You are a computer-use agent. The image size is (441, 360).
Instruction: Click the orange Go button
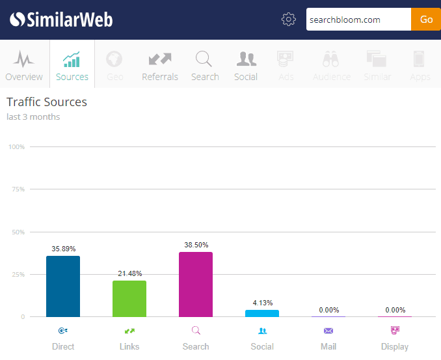coord(426,20)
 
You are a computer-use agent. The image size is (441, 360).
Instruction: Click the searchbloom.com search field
coord(358,20)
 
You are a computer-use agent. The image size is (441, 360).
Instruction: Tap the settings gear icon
coord(289,20)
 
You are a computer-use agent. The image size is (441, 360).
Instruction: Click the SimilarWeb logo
coord(62,20)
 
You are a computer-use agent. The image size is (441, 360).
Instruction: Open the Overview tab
coord(24,65)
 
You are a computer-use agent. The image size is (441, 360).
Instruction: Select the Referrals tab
coord(160,65)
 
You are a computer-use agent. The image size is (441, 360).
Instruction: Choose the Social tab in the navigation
coord(246,65)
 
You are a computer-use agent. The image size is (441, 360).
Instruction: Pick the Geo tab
coord(115,65)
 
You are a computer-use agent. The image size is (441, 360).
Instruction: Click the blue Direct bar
coord(63,286)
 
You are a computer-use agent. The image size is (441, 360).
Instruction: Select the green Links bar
coord(129,299)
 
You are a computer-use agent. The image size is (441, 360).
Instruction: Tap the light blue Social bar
coord(262,313)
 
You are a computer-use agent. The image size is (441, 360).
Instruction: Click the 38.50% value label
coord(196,245)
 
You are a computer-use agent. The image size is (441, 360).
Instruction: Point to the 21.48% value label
coord(129,273)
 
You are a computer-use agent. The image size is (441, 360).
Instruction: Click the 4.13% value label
coord(262,303)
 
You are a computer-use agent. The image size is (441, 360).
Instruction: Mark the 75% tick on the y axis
coord(17,189)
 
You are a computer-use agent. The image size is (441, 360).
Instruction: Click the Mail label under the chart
coord(328,346)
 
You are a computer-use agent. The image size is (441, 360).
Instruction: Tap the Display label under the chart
coord(395,346)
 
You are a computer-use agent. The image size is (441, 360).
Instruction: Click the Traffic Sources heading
coord(47,102)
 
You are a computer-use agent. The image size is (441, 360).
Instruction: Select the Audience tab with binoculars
coord(332,65)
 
